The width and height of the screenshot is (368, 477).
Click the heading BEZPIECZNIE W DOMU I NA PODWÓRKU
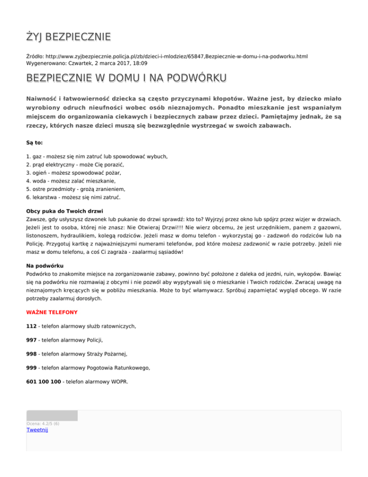127,78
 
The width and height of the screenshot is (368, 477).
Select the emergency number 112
32,326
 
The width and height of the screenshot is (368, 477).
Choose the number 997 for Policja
32,339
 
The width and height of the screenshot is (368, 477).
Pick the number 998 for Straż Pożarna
32,354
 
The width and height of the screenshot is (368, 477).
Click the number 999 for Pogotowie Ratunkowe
32,368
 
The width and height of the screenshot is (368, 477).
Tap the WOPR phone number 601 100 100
44,382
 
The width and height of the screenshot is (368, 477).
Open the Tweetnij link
37,430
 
